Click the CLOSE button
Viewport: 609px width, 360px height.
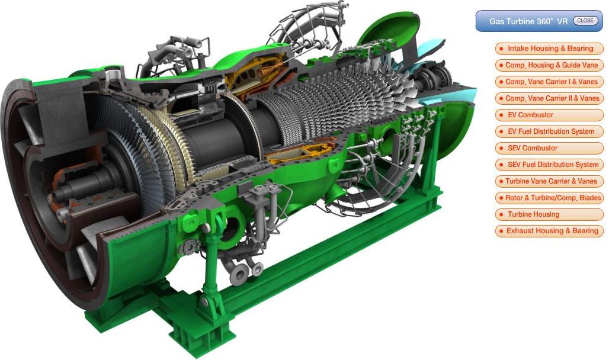click(x=585, y=21)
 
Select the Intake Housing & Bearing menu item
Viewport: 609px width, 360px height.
click(x=549, y=49)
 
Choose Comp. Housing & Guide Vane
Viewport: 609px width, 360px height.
click(x=549, y=65)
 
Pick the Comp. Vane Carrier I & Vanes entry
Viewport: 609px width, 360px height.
click(x=549, y=82)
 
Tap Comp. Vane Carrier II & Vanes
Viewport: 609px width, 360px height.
click(x=549, y=99)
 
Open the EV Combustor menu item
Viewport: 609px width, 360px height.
click(x=549, y=115)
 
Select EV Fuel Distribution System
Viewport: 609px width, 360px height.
click(x=549, y=131)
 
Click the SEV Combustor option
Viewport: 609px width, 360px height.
click(x=549, y=148)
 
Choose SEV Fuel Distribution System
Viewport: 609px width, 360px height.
click(x=549, y=165)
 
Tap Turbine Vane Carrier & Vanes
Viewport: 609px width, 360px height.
click(x=549, y=181)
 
